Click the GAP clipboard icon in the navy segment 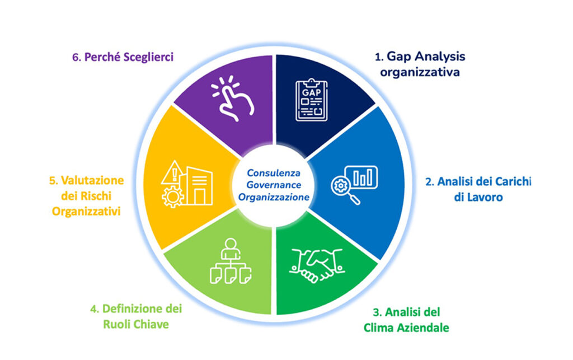tap(312, 100)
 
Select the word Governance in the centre tap(273, 185)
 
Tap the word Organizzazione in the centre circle tap(274, 198)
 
